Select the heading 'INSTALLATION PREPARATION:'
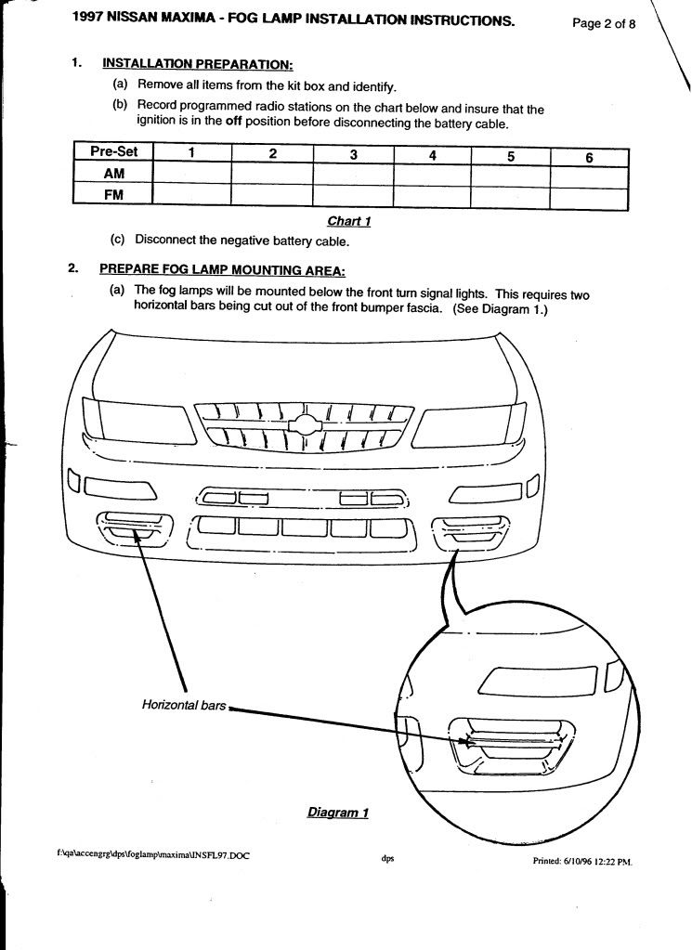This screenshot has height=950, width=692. tap(197, 64)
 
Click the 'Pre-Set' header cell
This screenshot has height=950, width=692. tap(112, 153)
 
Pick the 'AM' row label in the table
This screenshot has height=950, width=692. tap(112, 173)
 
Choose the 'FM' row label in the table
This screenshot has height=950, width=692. tap(112, 193)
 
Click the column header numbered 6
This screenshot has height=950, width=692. tap(589, 157)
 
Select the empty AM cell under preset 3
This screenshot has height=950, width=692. tap(353, 174)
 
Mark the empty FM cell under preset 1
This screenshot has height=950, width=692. tap(190, 193)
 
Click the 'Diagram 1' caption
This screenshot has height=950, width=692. tap(338, 813)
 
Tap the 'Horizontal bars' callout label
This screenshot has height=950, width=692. tap(184, 705)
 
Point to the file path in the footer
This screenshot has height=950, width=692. tap(153, 854)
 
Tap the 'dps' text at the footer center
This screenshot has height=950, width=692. tap(388, 858)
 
